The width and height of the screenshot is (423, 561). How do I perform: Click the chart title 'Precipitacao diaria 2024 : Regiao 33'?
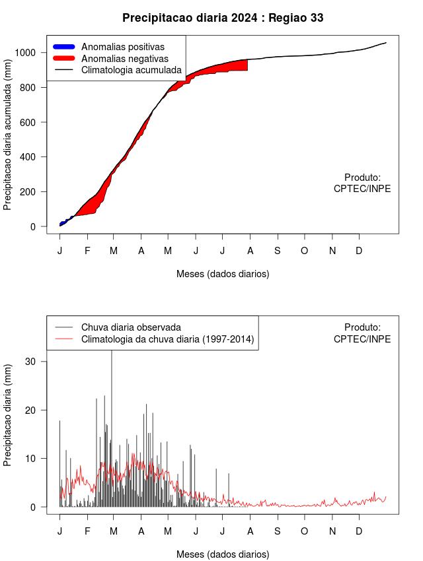click(x=223, y=18)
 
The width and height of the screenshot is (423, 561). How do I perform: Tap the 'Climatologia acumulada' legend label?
click(x=131, y=69)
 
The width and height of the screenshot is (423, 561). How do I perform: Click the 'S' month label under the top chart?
click(x=278, y=251)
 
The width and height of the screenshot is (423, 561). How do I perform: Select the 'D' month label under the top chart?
click(x=360, y=251)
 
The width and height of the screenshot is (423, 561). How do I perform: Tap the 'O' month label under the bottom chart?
click(x=305, y=531)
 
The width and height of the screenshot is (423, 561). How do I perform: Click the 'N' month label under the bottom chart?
click(x=332, y=531)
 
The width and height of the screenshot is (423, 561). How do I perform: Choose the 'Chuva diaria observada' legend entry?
click(x=130, y=327)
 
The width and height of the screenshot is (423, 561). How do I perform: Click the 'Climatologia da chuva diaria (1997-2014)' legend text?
click(x=167, y=339)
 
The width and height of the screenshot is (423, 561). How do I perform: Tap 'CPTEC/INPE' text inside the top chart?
click(x=362, y=189)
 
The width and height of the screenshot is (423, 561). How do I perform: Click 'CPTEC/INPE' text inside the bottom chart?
click(x=362, y=339)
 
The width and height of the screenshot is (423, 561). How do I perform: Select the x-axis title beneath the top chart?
click(x=223, y=273)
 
